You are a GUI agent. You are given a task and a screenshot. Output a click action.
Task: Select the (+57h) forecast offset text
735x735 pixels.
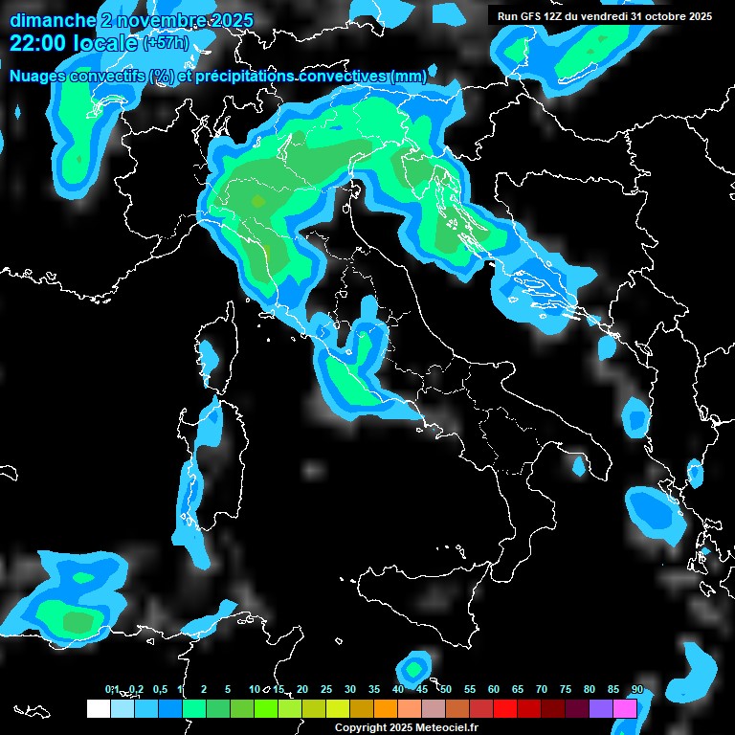coord(166,44)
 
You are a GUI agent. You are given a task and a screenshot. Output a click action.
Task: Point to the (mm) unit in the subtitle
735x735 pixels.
coord(409,76)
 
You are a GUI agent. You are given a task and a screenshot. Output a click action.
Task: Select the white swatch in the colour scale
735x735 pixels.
coord(98,708)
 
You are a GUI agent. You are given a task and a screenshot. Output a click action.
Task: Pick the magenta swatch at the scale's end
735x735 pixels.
coord(625,708)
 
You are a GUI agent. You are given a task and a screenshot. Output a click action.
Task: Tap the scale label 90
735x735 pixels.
coord(637,689)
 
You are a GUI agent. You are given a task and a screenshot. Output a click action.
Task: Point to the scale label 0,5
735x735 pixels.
coord(159,689)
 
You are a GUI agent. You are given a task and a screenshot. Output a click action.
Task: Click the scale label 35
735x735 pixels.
coord(374,689)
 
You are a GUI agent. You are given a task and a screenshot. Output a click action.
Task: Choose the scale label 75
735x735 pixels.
coord(566,689)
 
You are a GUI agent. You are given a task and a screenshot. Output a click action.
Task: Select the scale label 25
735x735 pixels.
coord(326,689)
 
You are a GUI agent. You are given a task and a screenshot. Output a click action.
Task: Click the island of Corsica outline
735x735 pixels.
coord(208,359)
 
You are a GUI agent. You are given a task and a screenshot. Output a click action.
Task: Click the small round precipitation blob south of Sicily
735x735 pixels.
coord(413,667)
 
